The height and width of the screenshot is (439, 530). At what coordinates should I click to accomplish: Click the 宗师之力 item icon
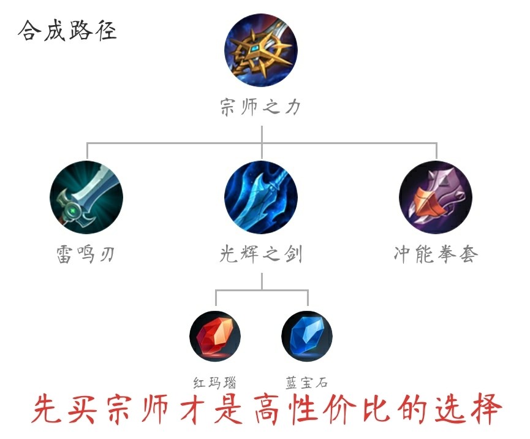[261, 50]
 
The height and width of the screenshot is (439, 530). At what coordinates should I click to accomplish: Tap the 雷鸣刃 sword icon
[86, 197]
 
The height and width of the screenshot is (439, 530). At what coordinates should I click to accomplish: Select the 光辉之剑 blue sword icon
[261, 197]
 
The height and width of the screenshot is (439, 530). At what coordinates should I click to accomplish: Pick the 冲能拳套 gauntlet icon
[436, 197]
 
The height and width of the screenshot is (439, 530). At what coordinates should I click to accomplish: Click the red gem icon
[215, 337]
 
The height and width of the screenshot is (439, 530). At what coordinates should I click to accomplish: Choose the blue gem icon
[307, 337]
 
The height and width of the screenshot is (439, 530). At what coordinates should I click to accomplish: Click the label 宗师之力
[260, 107]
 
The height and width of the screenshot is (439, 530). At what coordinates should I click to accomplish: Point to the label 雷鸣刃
[86, 254]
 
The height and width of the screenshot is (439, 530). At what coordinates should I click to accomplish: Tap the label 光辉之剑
[260, 254]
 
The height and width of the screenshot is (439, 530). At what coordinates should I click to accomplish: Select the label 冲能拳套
[436, 254]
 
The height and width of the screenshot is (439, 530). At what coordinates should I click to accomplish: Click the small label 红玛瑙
[214, 383]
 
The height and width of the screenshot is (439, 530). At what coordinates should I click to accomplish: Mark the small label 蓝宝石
[306, 383]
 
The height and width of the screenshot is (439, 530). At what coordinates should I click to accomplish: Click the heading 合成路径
[67, 31]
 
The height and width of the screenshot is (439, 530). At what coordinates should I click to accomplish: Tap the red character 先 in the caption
[47, 409]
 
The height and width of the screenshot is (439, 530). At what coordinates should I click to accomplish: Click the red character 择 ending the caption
[486, 409]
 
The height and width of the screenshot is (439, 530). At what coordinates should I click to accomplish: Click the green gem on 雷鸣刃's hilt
[73, 212]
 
